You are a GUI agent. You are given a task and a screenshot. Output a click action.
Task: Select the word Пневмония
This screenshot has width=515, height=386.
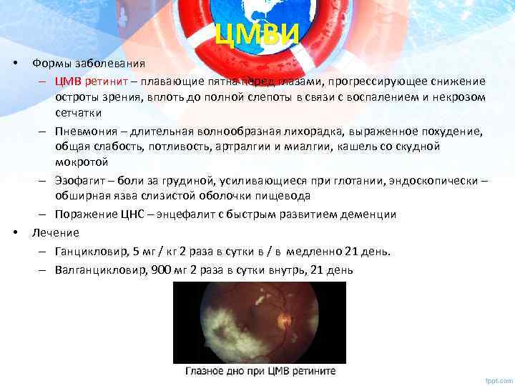click(85, 132)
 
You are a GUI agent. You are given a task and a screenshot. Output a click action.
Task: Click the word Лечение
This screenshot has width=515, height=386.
click(55, 232)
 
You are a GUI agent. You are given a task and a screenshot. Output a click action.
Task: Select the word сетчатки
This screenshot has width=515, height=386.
click(79, 112)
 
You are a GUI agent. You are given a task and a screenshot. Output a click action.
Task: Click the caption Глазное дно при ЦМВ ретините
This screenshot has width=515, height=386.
click(260, 372)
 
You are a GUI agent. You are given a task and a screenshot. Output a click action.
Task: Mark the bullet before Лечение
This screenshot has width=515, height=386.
click(16, 232)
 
